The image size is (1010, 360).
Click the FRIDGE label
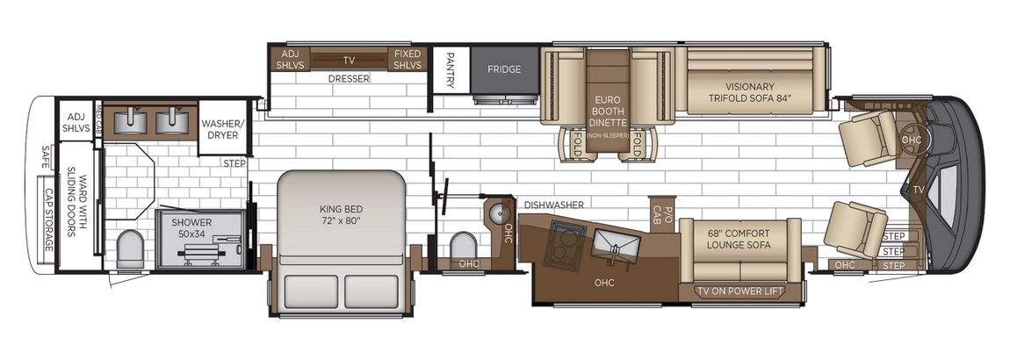[505, 69]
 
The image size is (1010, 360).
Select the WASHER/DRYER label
[221, 130]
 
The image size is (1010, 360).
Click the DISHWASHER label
[554, 205]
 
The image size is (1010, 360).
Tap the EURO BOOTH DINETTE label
[608, 112]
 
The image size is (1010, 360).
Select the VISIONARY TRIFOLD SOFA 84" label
[750, 92]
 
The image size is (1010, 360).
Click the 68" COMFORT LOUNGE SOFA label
[739, 238]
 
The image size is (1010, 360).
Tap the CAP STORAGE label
[49, 219]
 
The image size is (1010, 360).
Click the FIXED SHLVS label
[408, 60]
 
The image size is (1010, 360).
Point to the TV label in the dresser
[349, 61]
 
